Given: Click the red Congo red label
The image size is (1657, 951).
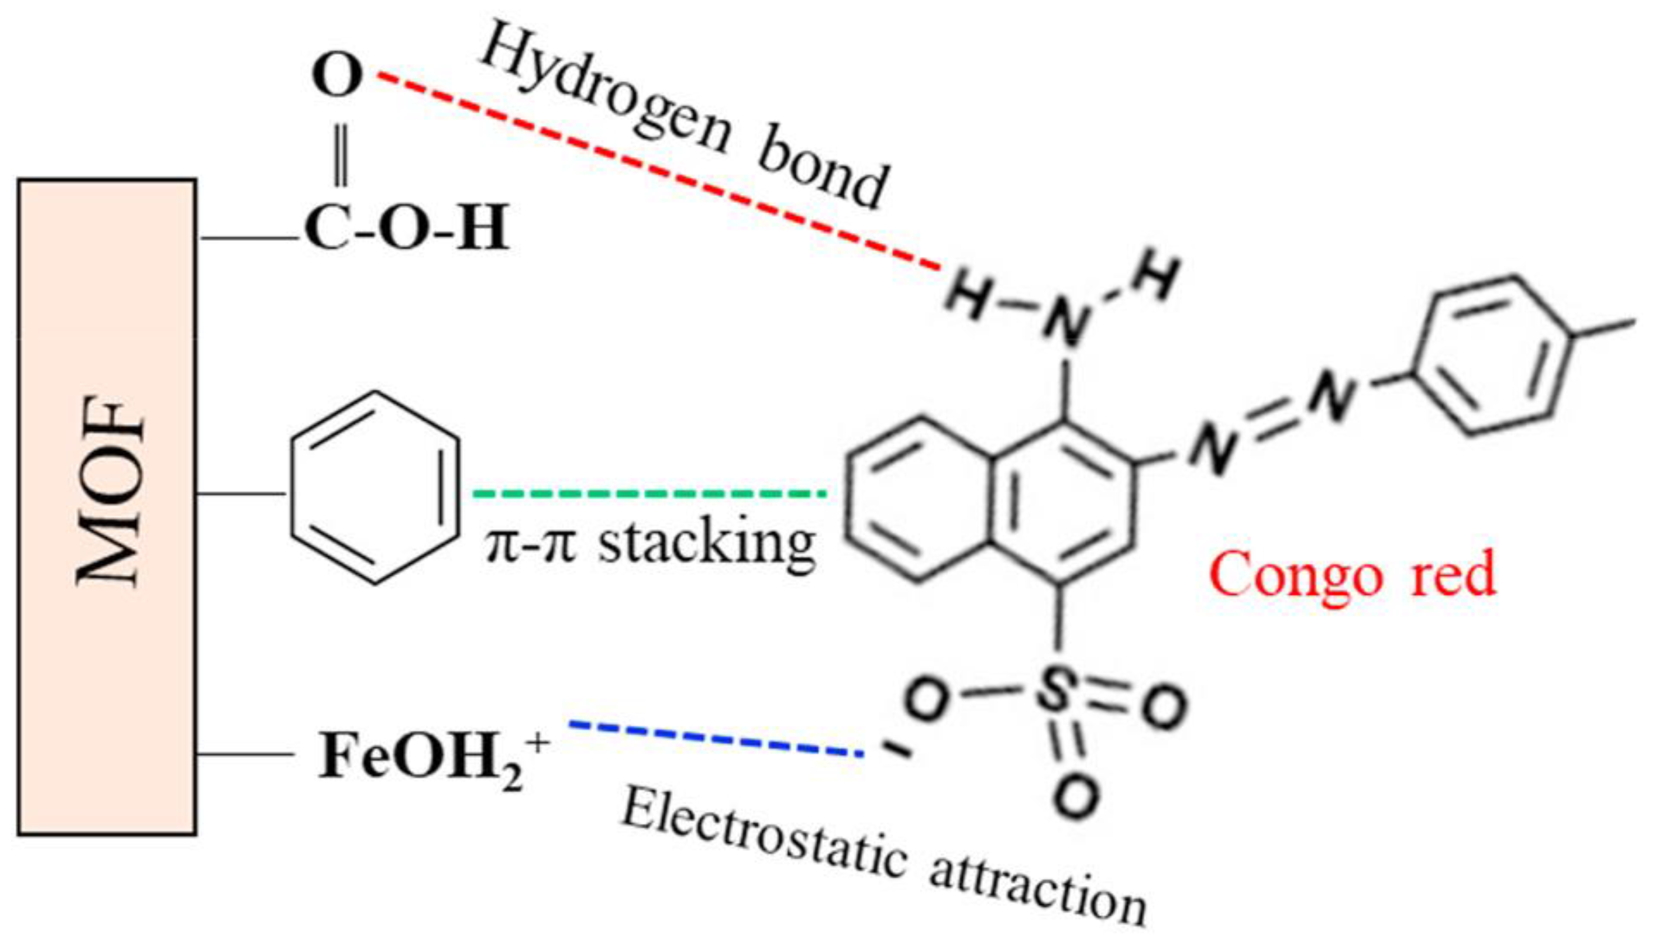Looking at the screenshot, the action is (x=1353, y=574).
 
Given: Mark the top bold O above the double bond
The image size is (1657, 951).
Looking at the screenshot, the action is (x=337, y=76).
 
